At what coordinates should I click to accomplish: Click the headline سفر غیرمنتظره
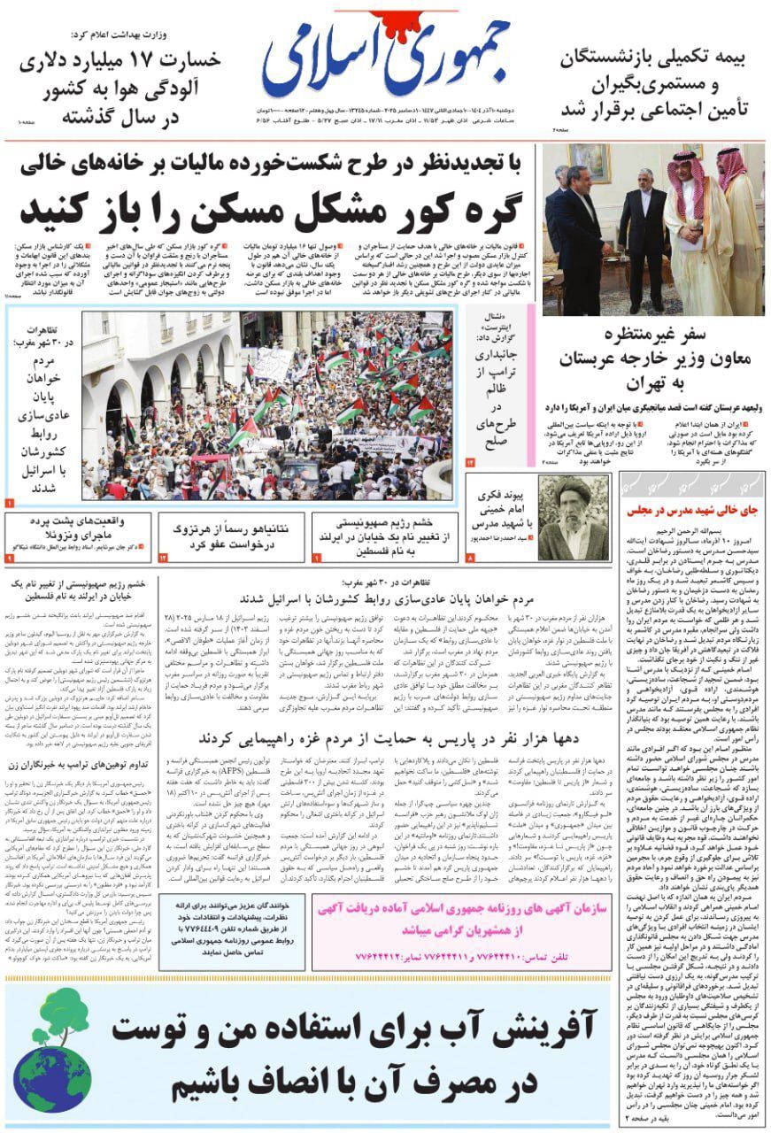point(656,335)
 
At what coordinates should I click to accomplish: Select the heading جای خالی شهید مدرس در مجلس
point(688,511)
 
